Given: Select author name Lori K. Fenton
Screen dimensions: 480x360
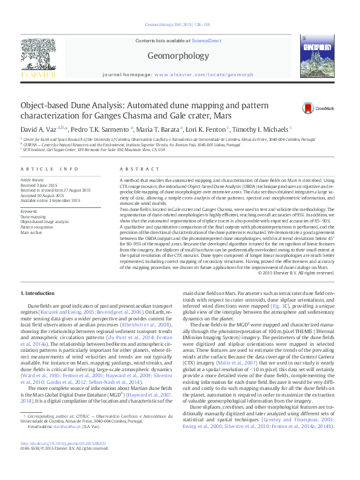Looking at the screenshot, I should click(x=203, y=129).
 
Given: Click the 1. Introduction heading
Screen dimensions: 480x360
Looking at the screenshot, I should click(x=38, y=293).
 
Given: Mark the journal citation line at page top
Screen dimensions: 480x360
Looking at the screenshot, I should click(x=180, y=25).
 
